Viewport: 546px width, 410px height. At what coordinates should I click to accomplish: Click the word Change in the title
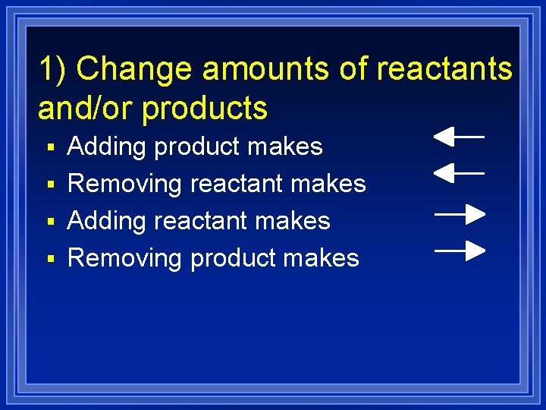(135, 69)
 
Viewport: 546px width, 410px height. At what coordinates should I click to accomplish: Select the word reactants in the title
(444, 69)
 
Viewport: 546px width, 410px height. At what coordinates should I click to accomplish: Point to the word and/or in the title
(86, 109)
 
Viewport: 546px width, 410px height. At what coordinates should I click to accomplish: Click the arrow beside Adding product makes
(459, 137)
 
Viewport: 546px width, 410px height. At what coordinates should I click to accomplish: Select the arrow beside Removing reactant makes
(459, 174)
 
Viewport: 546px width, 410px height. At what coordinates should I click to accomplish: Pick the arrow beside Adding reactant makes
(460, 215)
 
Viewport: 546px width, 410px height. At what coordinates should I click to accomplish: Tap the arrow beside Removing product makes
(460, 250)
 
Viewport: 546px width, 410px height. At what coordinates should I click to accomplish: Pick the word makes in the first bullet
(291, 147)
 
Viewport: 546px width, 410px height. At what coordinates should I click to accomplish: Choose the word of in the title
(353, 69)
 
